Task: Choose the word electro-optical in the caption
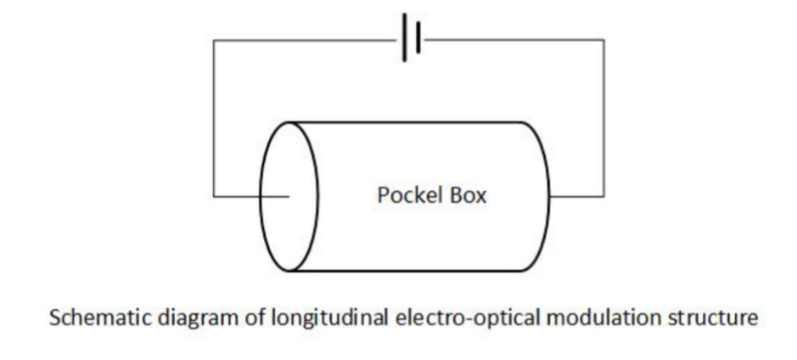(440, 320)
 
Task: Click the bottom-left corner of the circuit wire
(213, 197)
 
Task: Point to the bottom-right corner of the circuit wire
(604, 197)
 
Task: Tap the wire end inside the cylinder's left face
(289, 197)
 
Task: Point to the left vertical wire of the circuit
(213, 119)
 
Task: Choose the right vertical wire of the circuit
(604, 119)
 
